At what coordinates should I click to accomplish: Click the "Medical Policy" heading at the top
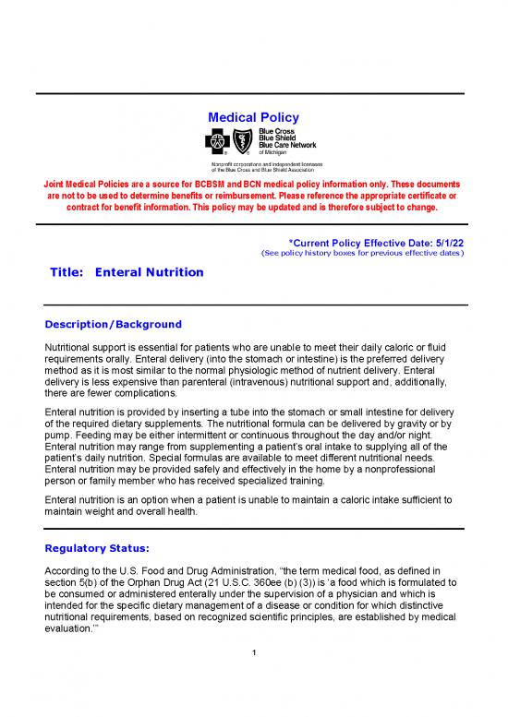(253, 118)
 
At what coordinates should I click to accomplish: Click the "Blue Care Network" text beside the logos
(286, 145)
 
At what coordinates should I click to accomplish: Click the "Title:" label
(67, 274)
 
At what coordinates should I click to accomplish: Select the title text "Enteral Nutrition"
(149, 274)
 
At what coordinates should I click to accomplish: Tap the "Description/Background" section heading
(113, 325)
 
